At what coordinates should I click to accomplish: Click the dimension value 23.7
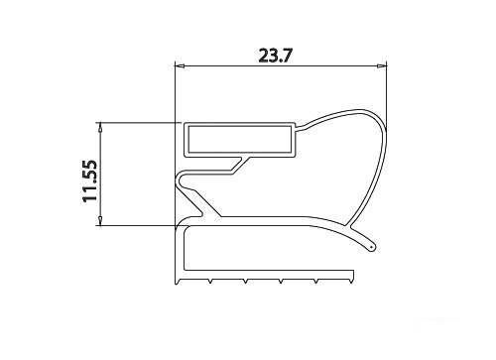pyautogui.click(x=276, y=56)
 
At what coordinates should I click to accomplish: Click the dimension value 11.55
pyautogui.click(x=90, y=180)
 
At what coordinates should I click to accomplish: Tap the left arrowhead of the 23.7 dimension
pyautogui.click(x=179, y=66)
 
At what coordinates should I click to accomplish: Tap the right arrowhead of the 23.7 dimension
pyautogui.click(x=382, y=66)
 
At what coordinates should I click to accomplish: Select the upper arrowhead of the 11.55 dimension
pyautogui.click(x=100, y=127)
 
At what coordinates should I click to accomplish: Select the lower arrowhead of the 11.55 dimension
pyautogui.click(x=100, y=221)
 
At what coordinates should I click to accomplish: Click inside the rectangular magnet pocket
pyautogui.click(x=240, y=139)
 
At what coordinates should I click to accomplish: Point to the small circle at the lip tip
pyautogui.click(x=372, y=247)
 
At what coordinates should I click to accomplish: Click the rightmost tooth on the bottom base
pyautogui.click(x=350, y=282)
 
